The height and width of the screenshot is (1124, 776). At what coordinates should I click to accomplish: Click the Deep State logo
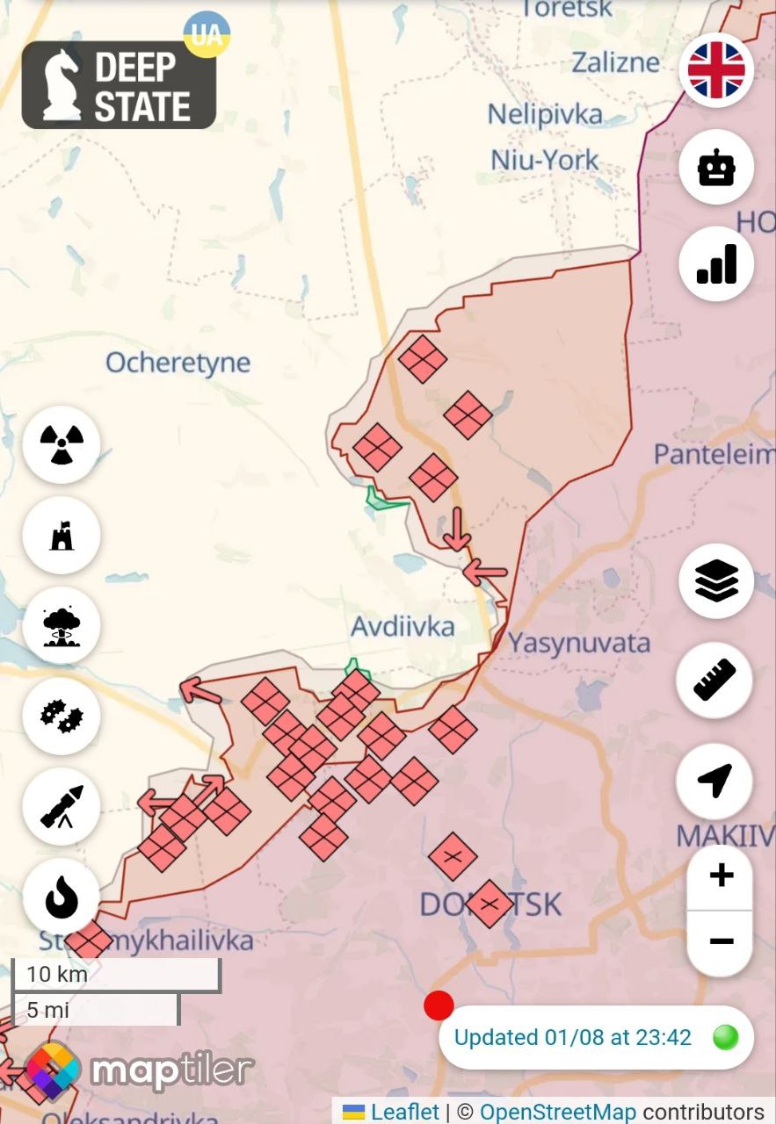pos(119,85)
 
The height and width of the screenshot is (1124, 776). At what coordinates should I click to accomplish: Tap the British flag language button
pos(716,70)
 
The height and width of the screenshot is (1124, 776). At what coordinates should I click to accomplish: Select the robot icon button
pos(716,167)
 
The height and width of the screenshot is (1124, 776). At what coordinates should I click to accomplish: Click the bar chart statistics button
pos(716,263)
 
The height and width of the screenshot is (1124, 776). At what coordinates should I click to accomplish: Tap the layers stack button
pos(716,581)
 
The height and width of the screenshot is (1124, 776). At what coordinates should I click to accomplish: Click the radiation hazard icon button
pos(62,443)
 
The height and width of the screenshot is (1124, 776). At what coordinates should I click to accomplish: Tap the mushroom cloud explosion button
pos(62,625)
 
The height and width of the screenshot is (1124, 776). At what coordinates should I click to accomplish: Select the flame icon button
pos(62,897)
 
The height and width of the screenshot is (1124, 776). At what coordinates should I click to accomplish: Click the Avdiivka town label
pos(403,627)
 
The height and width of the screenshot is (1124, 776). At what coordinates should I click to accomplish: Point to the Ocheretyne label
pos(178,363)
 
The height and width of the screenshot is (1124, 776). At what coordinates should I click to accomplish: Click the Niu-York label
pos(544,161)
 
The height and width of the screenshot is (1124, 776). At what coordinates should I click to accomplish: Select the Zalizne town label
pos(615,62)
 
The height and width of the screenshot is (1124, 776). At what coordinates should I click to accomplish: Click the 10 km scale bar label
pos(57,974)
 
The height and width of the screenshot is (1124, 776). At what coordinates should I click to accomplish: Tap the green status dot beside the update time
pos(725,1037)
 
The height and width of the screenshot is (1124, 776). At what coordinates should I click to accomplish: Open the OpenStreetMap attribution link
pos(556,1112)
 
